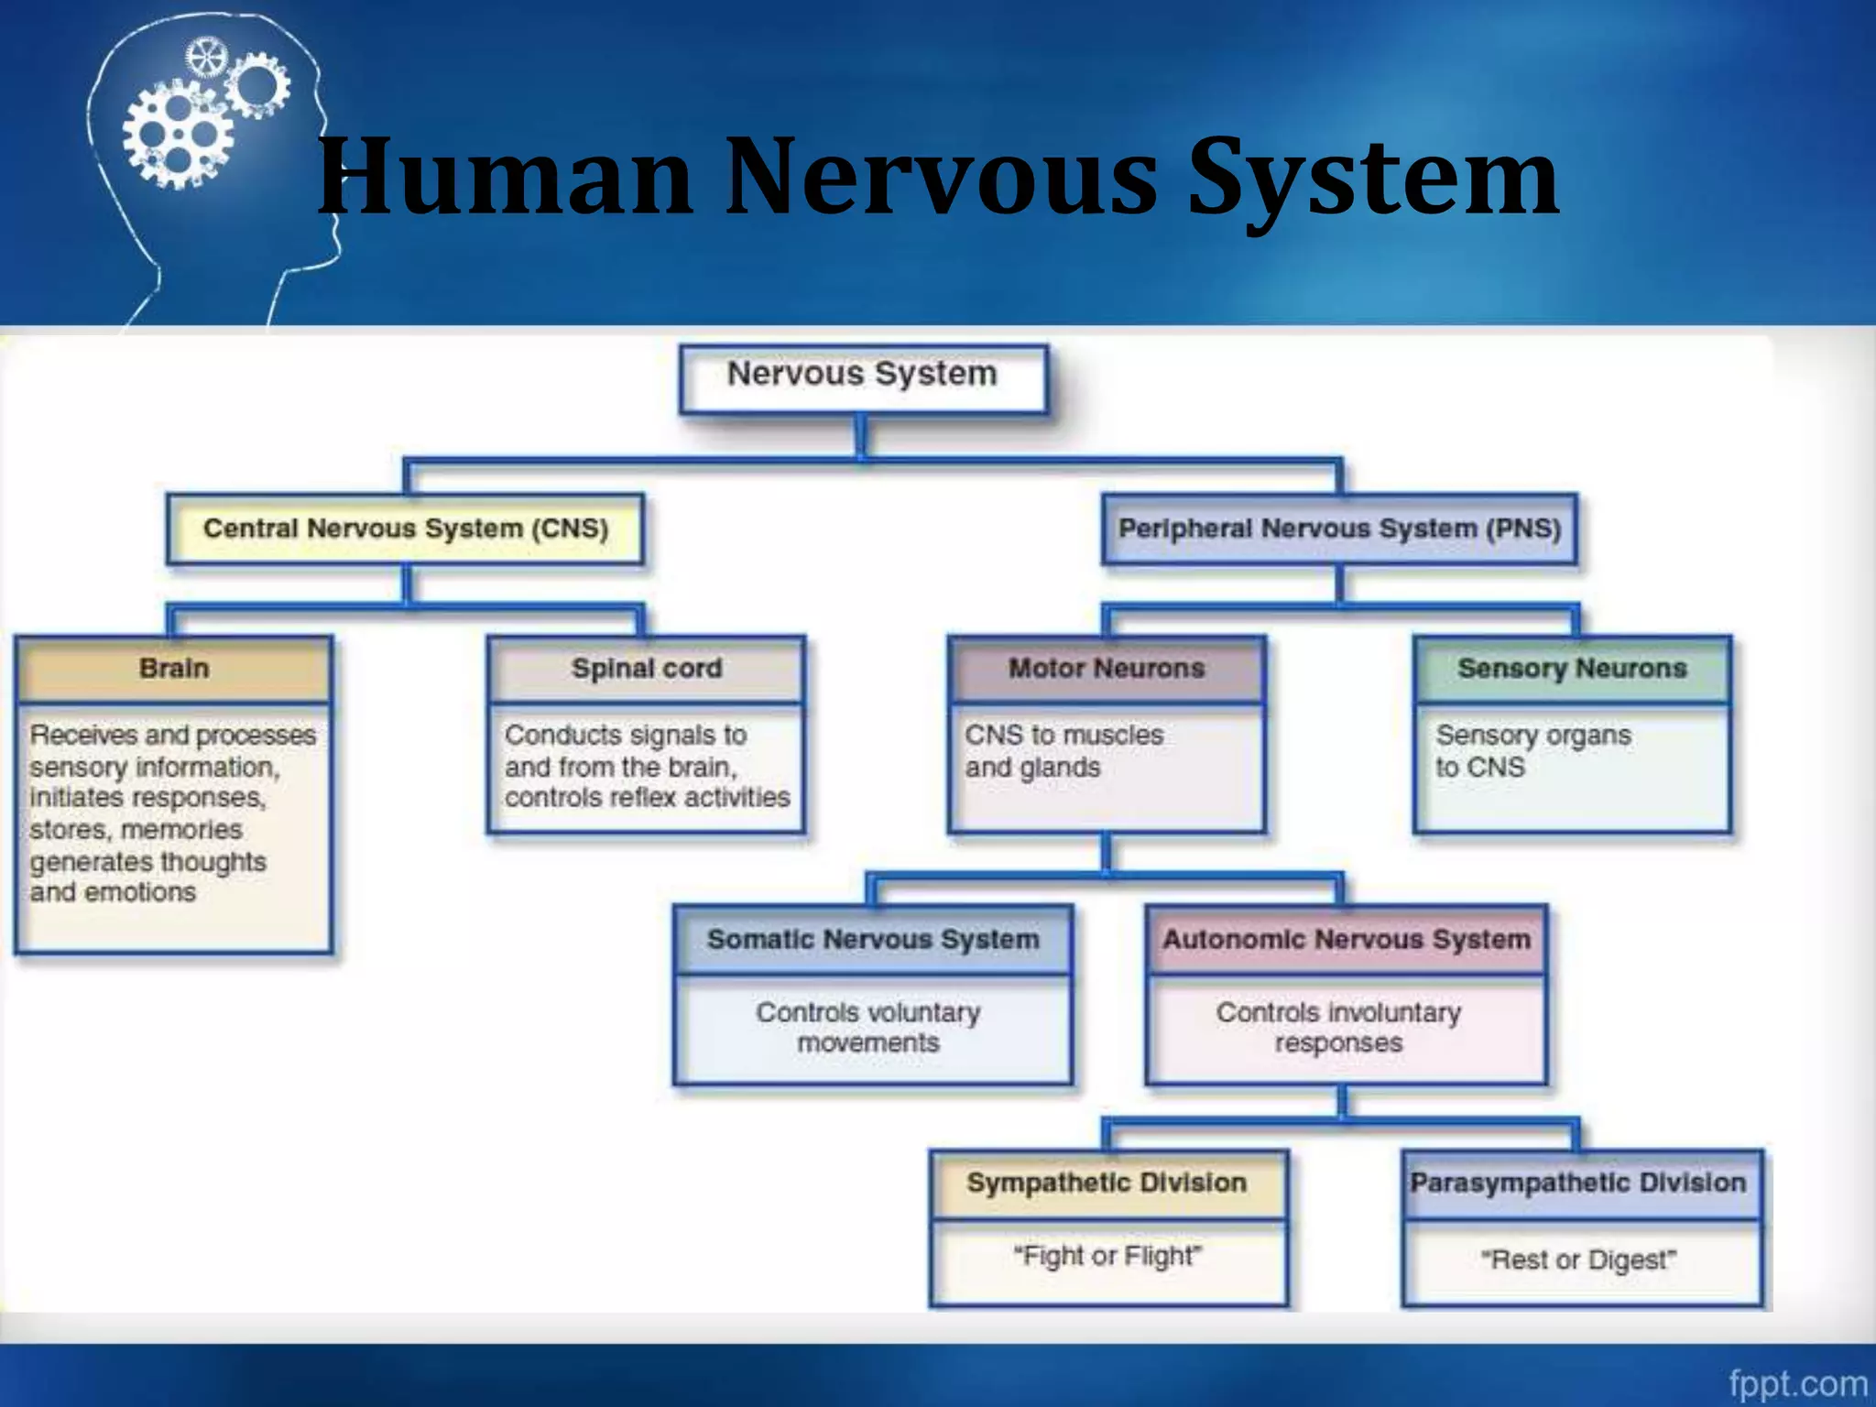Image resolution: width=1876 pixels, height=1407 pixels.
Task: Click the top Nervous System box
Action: point(862,376)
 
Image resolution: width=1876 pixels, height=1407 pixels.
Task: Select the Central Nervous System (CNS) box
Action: point(405,529)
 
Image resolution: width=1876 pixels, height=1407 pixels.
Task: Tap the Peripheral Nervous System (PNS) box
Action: point(1339,529)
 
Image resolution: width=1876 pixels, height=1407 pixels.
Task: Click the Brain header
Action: point(174,669)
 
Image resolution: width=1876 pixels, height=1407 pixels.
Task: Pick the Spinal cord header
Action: point(647,669)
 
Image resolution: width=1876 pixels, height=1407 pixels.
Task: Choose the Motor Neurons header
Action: point(1107,669)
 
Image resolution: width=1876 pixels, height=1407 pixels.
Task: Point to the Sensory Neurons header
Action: point(1572,669)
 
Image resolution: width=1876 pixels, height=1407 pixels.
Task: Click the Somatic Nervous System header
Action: point(873,940)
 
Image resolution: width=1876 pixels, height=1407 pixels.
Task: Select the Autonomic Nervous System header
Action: point(1346,940)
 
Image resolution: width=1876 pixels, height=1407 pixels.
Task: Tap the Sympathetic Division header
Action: point(1107,1183)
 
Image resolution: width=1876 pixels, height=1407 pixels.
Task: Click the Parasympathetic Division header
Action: point(1578,1183)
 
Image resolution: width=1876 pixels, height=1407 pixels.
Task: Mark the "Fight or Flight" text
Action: point(1107,1256)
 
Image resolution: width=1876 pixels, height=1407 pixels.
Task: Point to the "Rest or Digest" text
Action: point(1578,1260)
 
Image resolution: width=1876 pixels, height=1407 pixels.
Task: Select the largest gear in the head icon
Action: point(179,135)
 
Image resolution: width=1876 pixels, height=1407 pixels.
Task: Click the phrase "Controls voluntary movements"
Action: point(868,1028)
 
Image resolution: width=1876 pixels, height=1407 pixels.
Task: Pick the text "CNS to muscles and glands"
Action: point(1063,751)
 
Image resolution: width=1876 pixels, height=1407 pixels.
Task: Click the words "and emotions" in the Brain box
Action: point(113,893)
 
